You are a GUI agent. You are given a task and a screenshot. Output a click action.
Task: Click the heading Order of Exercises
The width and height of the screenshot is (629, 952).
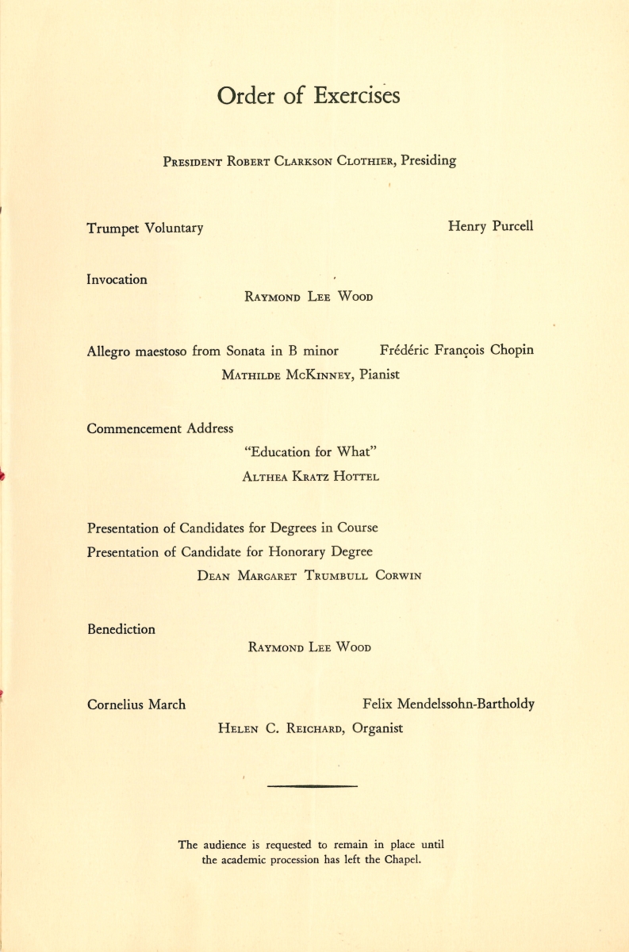coord(309,96)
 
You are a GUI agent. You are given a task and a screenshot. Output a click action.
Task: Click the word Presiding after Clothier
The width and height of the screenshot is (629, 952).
coord(428,160)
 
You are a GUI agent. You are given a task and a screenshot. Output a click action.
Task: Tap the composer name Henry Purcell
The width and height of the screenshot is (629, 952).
coord(490,226)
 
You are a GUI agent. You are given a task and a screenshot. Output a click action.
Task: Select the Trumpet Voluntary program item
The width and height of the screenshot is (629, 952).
coord(144,228)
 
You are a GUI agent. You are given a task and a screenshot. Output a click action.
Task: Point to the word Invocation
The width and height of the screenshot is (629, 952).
coord(117,279)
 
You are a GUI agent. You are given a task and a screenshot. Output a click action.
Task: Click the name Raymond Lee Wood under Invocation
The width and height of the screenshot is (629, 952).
coord(309,297)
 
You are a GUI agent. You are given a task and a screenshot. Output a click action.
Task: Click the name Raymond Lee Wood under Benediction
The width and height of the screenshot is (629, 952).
coord(309,647)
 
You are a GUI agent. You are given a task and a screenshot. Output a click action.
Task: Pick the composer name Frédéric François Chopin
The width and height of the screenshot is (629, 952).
coord(457,351)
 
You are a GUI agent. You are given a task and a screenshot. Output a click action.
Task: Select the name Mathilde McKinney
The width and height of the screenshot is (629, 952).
coord(287,375)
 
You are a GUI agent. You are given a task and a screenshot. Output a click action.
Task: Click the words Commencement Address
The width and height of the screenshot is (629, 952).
coord(159,428)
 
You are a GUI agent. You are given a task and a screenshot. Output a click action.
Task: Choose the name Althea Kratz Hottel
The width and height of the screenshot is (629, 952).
coord(311,477)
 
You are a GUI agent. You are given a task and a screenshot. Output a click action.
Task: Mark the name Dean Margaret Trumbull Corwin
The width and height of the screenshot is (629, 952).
coord(309,577)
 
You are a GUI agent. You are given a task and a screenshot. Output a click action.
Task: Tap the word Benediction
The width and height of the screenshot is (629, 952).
coord(121,629)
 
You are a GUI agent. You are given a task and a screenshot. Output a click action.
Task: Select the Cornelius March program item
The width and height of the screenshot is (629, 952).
coord(136,704)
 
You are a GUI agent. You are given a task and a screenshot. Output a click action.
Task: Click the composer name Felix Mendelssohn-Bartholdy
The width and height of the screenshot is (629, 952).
coord(448,704)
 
